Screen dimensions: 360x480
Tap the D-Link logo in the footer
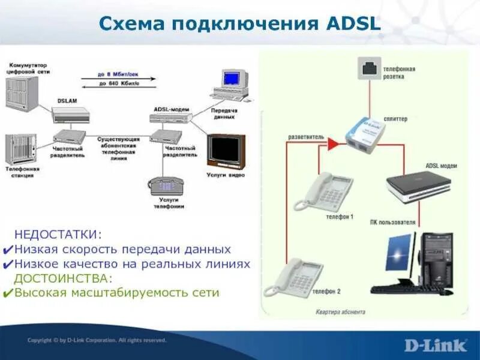point(435,345)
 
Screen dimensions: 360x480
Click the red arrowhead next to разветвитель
point(331,143)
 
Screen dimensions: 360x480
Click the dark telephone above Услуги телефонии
point(167,185)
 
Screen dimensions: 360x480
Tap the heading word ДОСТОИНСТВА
point(63,278)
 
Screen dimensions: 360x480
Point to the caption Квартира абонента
point(340,312)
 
